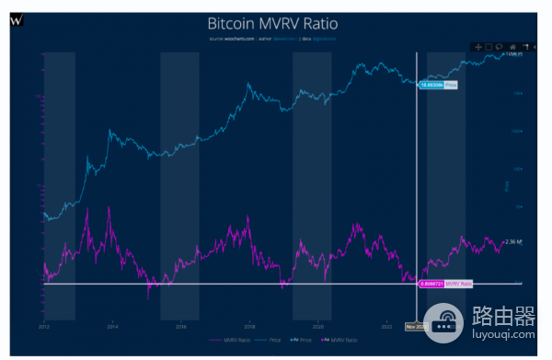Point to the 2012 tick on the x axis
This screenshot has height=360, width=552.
click(44, 325)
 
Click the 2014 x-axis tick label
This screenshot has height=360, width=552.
click(112, 325)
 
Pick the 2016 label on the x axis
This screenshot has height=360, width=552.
click(180, 325)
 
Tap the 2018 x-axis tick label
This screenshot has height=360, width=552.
click(249, 325)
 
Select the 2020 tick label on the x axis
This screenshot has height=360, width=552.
click(317, 325)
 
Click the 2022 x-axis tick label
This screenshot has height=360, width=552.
click(386, 325)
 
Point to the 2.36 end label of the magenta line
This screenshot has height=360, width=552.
click(513, 242)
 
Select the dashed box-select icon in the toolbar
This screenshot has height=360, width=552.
click(489, 46)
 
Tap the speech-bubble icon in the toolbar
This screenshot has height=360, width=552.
click(500, 46)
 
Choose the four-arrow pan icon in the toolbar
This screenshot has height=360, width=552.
click(477, 46)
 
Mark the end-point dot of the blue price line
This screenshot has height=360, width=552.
click(503, 55)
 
